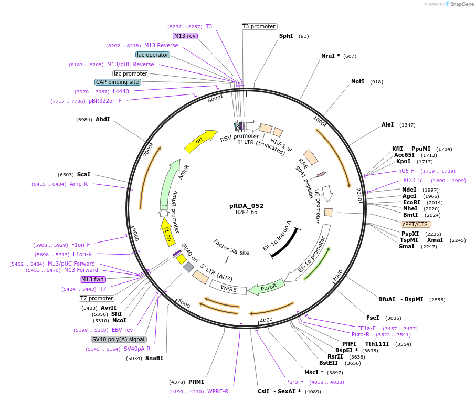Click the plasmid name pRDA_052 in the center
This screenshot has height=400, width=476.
coord(246,206)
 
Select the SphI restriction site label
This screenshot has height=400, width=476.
coord(286,36)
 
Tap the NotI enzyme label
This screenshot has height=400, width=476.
coord(357,82)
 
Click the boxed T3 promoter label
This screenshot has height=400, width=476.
coord(259,26)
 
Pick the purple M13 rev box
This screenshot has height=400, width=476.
coord(185,36)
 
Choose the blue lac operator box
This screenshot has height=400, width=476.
coord(152,55)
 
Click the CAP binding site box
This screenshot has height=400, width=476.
coord(117,82)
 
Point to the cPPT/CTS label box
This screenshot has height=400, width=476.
coord(415,224)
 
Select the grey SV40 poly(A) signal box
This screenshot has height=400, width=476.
coord(119,339)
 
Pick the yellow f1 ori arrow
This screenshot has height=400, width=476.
coord(167,231)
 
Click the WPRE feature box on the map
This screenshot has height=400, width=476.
coord(228,288)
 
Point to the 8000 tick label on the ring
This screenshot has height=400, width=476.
coord(214,99)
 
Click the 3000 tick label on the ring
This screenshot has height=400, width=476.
coord(337,275)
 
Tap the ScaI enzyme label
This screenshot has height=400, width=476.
coord(83,174)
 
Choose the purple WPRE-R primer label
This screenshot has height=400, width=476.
coord(218,391)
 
